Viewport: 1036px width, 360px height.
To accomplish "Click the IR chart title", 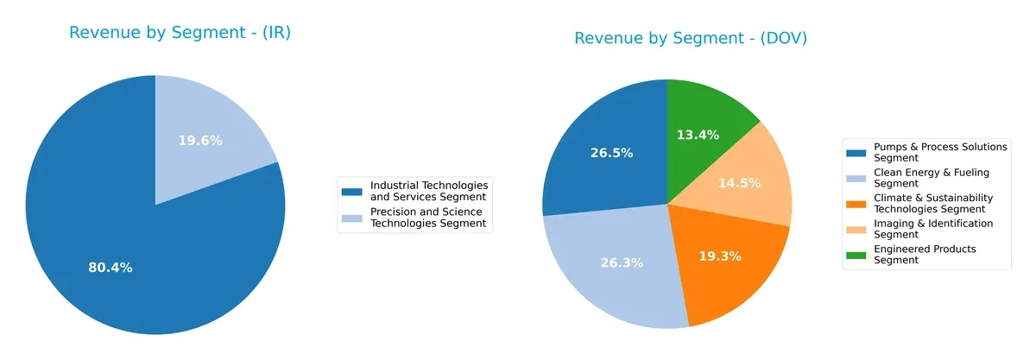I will click(x=180, y=34).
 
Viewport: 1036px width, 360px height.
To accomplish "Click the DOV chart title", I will click(x=691, y=38).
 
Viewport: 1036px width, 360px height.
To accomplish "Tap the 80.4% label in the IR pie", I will click(x=111, y=268).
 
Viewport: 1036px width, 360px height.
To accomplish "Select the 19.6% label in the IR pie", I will click(x=200, y=141).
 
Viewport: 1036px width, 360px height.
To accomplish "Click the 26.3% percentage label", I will click(x=622, y=262).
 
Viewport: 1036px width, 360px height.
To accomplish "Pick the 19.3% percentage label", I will click(x=720, y=257).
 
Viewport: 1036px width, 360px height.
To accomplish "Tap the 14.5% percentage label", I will click(x=740, y=183).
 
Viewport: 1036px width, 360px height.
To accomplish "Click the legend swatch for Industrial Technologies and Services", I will click(x=352, y=191).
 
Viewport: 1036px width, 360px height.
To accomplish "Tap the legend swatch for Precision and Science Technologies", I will click(x=352, y=218).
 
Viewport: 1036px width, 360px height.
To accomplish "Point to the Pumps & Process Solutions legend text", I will click(x=940, y=152).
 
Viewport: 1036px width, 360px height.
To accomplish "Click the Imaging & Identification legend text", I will click(x=933, y=229).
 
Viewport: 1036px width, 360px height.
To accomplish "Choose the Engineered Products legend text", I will click(x=925, y=255).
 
